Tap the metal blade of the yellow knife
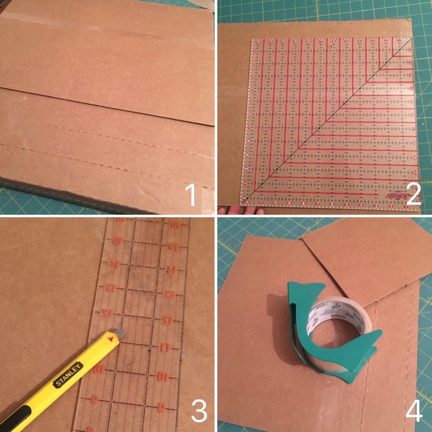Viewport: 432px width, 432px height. click(119, 333)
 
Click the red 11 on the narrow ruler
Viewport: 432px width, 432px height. click(165, 347)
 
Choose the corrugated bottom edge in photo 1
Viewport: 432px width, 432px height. click(84, 196)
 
